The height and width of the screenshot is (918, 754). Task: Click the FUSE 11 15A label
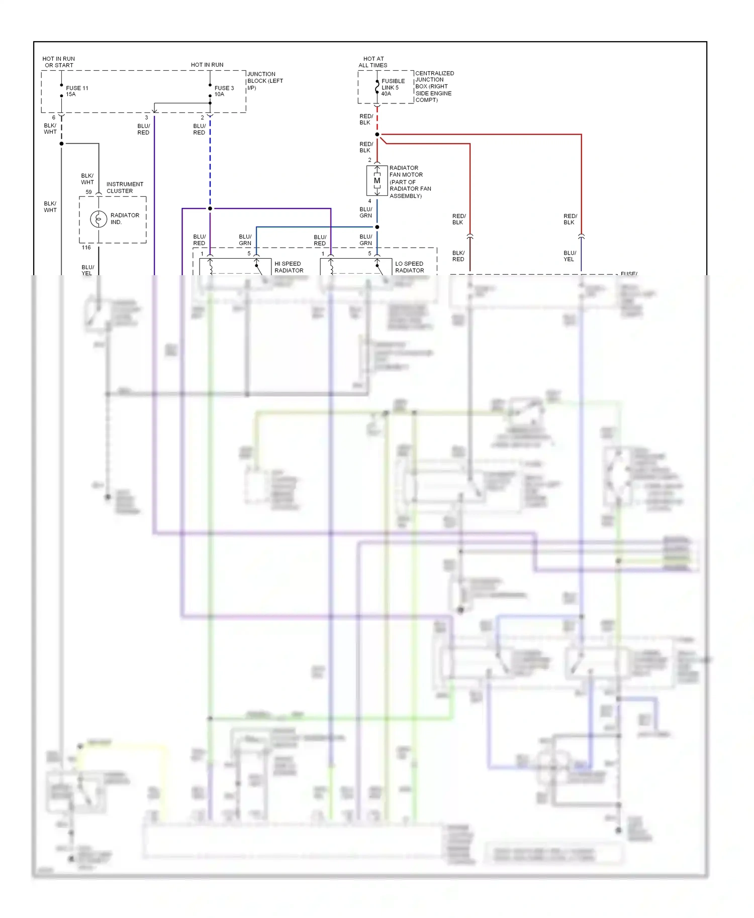(77, 91)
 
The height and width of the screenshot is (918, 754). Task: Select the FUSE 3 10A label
(224, 91)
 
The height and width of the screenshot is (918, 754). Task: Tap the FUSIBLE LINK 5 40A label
(393, 87)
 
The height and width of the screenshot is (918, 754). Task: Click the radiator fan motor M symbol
(377, 181)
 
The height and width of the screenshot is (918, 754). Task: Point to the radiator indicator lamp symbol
(99, 219)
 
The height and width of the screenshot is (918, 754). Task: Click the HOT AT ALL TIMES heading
(373, 62)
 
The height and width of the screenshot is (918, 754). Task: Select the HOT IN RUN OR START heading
(59, 62)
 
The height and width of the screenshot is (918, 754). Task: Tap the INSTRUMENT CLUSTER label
(125, 187)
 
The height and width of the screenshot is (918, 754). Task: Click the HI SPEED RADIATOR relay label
(289, 267)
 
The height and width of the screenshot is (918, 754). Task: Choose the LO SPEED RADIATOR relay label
(409, 267)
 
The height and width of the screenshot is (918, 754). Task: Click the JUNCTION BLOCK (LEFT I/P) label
(265, 80)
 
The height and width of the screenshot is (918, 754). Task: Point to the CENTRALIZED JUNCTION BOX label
(434, 86)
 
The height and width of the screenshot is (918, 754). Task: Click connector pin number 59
(88, 192)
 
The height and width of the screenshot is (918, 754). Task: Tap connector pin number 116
(86, 248)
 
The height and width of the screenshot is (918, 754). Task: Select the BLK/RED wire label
(458, 256)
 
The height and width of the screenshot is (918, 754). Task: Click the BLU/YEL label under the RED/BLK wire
(569, 256)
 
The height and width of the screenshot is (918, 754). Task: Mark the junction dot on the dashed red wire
(377, 135)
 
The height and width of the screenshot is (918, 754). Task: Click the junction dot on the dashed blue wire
(210, 208)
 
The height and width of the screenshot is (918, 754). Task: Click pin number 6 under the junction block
(54, 118)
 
